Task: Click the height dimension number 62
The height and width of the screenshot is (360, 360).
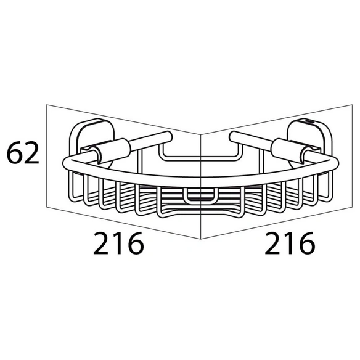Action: click(23, 153)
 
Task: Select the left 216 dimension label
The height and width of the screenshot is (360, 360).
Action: click(118, 243)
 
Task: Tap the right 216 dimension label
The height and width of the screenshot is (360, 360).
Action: click(290, 243)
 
